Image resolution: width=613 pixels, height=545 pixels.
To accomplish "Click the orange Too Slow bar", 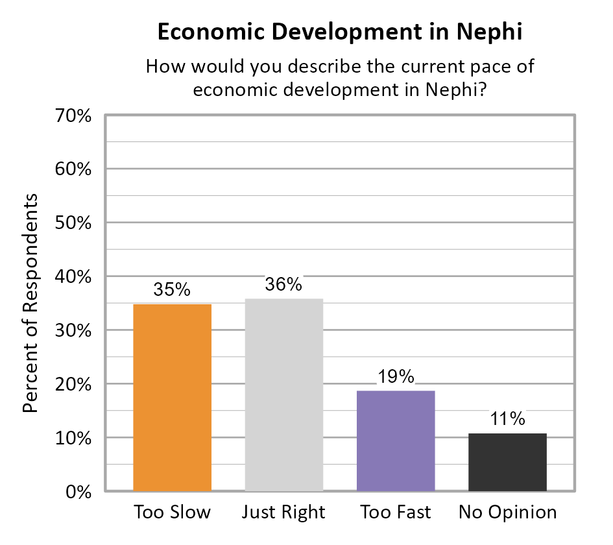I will (172, 397).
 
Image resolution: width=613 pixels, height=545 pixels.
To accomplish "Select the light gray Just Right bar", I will (283, 394).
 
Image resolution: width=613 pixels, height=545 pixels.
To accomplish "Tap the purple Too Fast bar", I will (396, 441).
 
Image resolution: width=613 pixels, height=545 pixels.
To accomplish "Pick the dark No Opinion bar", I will (507, 462).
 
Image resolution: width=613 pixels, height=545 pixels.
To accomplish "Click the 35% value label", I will (172, 289).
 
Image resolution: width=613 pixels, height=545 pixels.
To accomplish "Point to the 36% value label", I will (283, 284).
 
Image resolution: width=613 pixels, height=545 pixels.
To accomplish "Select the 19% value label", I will (396, 376).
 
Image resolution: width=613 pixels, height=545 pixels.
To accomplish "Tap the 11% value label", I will (507, 419).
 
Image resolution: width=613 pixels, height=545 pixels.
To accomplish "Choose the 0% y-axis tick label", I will (76, 492).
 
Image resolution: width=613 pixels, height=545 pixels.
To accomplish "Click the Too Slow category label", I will (172, 513).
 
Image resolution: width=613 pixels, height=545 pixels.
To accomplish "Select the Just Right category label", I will (283, 513).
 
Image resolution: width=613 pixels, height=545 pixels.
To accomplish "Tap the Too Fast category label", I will (396, 513).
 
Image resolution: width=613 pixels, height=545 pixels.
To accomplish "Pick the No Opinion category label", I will (507, 513).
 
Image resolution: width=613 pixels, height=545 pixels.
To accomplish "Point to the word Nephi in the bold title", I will (490, 32).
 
